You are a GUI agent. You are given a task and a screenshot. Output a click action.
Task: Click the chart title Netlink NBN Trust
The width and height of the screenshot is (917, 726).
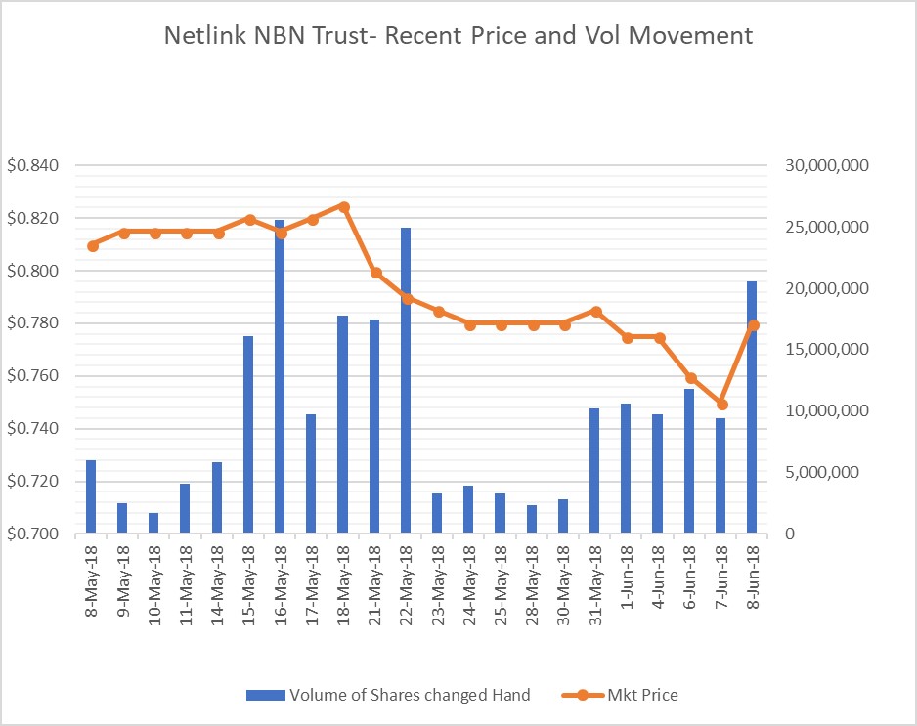pos(458,37)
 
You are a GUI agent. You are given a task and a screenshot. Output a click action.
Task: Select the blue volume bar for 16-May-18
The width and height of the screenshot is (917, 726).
pos(280,376)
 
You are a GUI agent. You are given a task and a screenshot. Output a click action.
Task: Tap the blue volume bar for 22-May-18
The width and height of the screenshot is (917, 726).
pos(406,381)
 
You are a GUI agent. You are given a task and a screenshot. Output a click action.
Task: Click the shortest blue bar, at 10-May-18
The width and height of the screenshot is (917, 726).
pos(153,523)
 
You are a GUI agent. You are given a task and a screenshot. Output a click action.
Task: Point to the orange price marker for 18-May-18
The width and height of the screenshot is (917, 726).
pos(343,206)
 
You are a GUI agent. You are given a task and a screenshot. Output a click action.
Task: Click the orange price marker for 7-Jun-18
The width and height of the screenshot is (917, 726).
pos(721,404)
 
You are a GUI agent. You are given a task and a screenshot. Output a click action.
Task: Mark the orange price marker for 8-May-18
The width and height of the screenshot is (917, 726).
pos(92,246)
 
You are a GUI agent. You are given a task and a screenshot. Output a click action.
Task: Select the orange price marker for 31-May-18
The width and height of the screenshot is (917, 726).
pos(595,312)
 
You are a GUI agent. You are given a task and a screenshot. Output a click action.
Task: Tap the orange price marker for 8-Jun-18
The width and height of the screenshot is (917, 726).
pos(753,325)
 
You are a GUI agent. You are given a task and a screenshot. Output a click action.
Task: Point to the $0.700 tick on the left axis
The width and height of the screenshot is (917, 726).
pos(33,534)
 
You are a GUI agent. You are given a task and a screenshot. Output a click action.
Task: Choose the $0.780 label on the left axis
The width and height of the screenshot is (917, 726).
pos(33,323)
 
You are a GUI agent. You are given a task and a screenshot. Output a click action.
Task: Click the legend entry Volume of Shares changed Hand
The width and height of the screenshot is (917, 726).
pos(409,695)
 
